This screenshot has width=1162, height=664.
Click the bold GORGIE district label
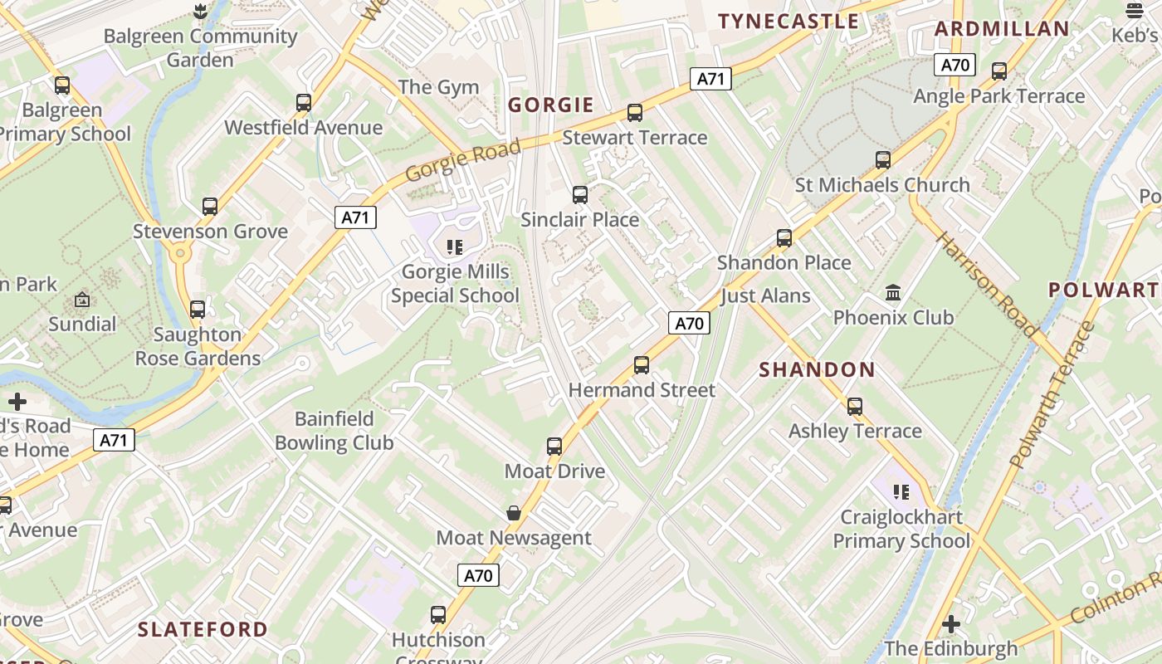click(x=551, y=105)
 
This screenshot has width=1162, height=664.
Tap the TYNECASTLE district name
click(x=788, y=22)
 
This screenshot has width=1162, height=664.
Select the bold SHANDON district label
click(x=817, y=370)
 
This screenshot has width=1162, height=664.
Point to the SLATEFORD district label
click(x=203, y=629)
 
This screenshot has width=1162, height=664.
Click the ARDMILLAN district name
click(x=1002, y=29)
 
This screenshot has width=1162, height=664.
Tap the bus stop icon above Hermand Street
click(x=641, y=364)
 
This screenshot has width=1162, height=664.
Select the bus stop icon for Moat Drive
click(x=554, y=446)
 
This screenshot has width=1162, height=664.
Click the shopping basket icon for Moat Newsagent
click(x=514, y=512)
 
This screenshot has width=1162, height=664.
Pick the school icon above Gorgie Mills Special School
click(x=454, y=247)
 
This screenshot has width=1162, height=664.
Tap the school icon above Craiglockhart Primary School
click(x=901, y=491)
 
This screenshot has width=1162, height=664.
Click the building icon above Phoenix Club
click(x=893, y=292)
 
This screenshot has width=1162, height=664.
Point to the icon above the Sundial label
click(x=82, y=300)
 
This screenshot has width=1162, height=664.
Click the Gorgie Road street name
click(x=463, y=161)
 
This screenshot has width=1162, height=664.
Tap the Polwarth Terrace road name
click(x=1052, y=395)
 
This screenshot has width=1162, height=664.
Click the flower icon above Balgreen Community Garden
click(x=198, y=12)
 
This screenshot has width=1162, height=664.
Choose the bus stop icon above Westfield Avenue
click(x=304, y=103)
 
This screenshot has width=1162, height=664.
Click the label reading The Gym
click(x=438, y=87)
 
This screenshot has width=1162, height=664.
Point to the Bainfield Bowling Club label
click(x=334, y=431)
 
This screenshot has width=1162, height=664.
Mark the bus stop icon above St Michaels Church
click(x=883, y=159)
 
